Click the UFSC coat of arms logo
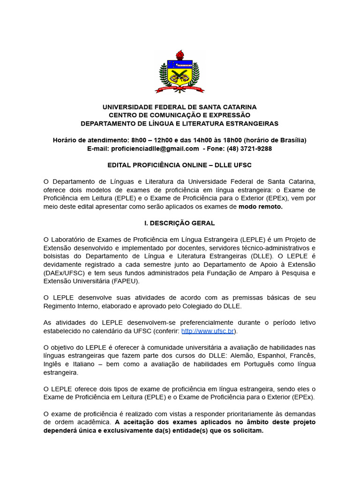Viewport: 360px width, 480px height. point(180,72)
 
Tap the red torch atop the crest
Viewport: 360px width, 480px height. point(180,55)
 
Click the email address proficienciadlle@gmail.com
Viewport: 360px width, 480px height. point(155,149)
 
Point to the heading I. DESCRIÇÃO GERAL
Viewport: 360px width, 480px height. point(180,223)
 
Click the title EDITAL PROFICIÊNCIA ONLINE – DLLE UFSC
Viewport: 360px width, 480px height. point(180,165)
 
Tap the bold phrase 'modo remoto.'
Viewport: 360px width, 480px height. point(261,206)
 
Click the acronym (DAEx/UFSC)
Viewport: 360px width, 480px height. point(62,273)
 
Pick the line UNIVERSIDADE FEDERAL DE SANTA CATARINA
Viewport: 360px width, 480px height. point(180,107)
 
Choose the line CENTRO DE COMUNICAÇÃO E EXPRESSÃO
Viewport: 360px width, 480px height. point(180,115)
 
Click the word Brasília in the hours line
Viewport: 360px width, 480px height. point(290,140)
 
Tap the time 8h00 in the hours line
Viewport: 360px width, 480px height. point(140,140)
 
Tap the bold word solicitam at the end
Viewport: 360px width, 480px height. point(246,431)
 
